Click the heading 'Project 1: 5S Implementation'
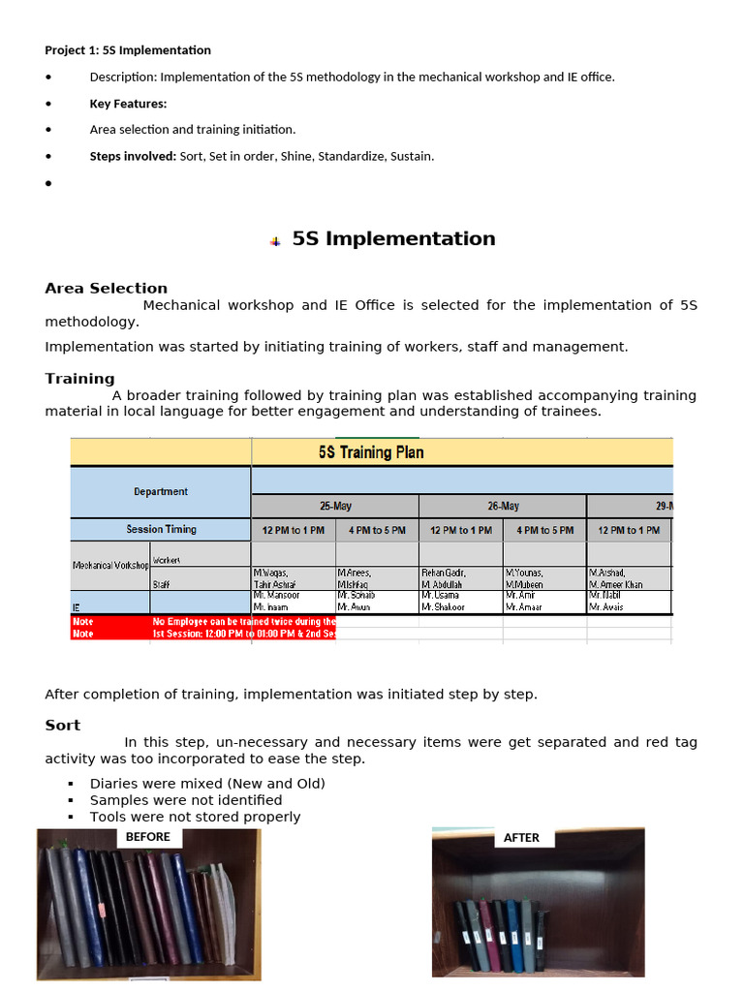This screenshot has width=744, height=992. click(128, 50)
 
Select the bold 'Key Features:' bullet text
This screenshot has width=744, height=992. click(128, 104)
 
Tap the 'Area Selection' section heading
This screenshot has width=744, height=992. click(107, 288)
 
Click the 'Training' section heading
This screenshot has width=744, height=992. click(80, 379)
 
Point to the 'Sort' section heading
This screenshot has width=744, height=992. click(63, 725)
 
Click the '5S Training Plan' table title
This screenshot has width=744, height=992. click(371, 452)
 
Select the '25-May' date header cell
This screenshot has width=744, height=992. click(335, 506)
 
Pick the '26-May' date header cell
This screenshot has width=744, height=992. click(503, 506)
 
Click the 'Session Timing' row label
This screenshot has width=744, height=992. click(161, 529)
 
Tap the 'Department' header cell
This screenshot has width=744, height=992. click(161, 491)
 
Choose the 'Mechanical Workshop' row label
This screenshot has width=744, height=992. click(110, 565)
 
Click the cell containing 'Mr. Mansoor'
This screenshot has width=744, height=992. click(278, 595)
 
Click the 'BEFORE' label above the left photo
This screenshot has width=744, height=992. click(148, 837)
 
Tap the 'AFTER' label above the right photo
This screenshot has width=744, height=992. click(521, 838)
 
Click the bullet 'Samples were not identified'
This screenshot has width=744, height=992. click(186, 800)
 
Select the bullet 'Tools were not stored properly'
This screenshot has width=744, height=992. click(195, 817)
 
